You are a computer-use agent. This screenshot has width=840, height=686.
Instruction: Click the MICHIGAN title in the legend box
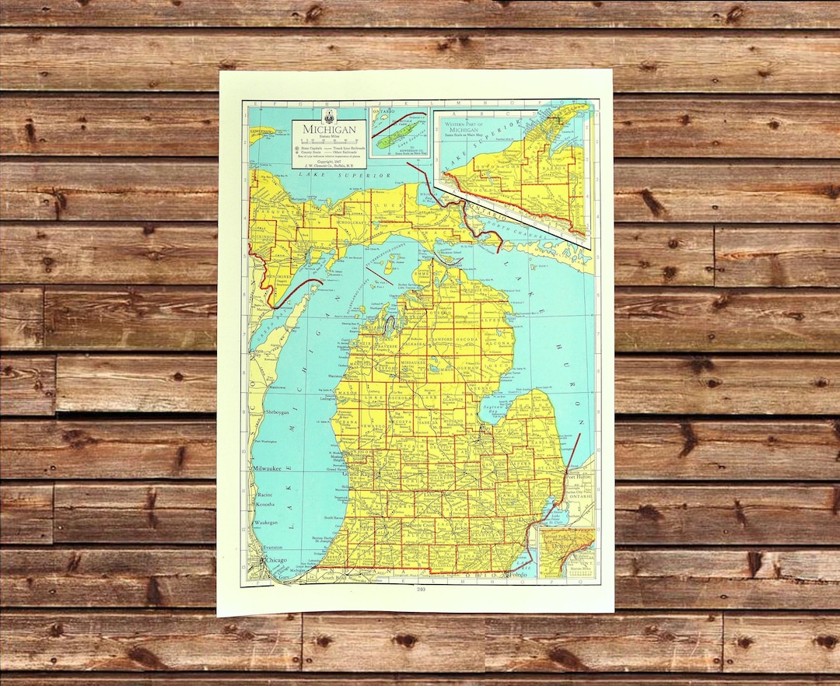[330, 129]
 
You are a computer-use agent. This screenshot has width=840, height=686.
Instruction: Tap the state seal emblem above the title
[330, 116]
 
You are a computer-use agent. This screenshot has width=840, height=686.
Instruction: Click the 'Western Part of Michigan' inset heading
[471, 124]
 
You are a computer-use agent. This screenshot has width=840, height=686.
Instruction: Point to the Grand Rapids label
[361, 473]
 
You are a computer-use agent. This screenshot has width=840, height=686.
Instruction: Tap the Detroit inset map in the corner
[567, 553]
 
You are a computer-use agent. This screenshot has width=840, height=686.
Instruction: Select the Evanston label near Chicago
[272, 548]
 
